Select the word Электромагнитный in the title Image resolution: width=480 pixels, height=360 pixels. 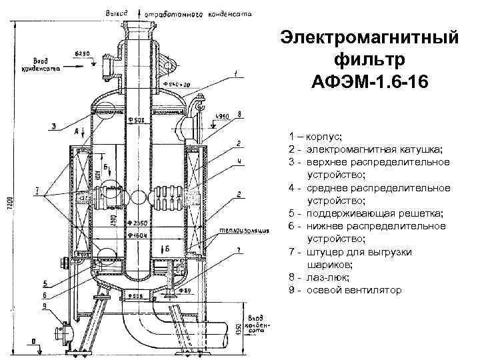point(370,37)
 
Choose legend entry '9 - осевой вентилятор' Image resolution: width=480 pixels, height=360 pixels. point(345,290)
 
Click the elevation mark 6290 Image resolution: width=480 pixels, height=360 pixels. point(82,52)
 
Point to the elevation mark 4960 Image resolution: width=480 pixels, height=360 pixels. point(223,116)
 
